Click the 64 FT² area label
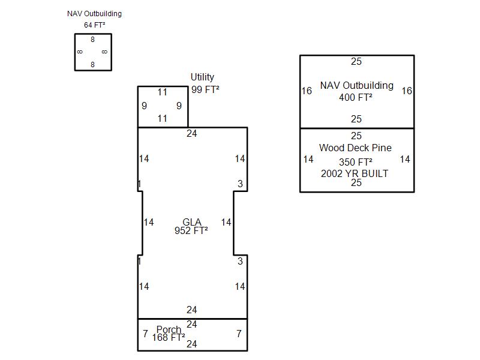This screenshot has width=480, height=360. point(95,25)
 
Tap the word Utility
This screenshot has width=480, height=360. point(202,77)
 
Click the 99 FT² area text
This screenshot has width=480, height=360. point(205,89)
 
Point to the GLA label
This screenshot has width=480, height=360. point(192,221)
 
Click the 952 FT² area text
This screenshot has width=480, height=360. point(191,230)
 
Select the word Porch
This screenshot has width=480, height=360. point(169,329)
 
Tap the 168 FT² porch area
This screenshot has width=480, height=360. point(169,337)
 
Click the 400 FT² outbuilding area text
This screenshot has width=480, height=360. point(356,97)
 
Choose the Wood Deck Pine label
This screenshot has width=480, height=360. point(355,148)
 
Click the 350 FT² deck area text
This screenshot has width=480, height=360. point(356,162)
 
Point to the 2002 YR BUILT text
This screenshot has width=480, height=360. point(355,173)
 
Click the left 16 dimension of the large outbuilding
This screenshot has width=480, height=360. point(307,91)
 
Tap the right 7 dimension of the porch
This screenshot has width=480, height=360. point(239,334)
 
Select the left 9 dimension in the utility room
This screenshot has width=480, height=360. point(144,106)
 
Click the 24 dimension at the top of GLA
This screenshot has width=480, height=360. point(192,133)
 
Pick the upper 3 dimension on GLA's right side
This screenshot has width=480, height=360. point(241,184)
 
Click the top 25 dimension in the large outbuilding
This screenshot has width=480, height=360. point(356,61)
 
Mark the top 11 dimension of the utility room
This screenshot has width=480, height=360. point(163,92)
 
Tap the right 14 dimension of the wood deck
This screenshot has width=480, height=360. point(405,159)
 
